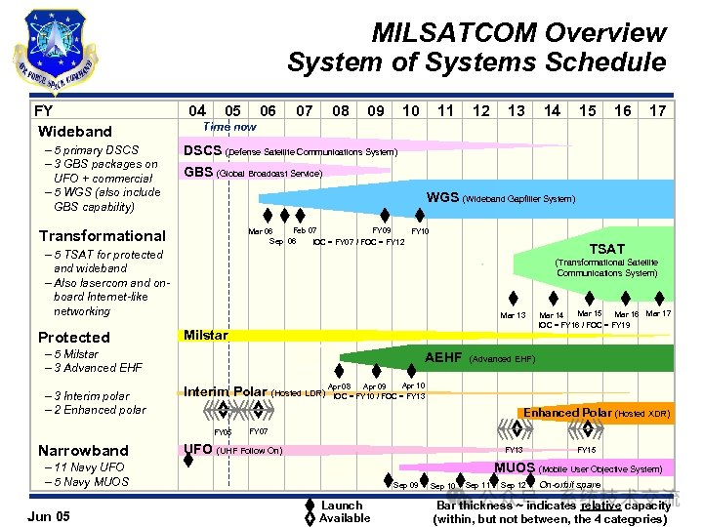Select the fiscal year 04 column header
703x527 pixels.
pyautogui.click(x=197, y=111)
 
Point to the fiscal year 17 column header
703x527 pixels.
pyautogui.click(x=657, y=111)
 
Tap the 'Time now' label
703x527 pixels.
pyautogui.click(x=228, y=128)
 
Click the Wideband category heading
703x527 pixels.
pyautogui.click(x=75, y=132)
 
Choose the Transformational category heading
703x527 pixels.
pyautogui.click(x=102, y=235)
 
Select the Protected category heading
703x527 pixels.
pyautogui.click(x=73, y=337)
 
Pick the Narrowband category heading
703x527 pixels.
pyautogui.click(x=83, y=450)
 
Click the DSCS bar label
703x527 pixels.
pyautogui.click(x=203, y=151)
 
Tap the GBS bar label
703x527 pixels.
pyautogui.click(x=199, y=173)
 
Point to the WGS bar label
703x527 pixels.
pyautogui.click(x=441, y=198)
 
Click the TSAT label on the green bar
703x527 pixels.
pyautogui.click(x=606, y=249)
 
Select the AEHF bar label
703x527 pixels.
pyautogui.click(x=443, y=358)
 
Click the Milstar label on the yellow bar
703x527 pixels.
pyautogui.click(x=206, y=335)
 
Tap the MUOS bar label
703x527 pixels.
pyautogui.click(x=514, y=468)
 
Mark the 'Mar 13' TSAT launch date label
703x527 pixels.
pyautogui.click(x=513, y=315)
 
